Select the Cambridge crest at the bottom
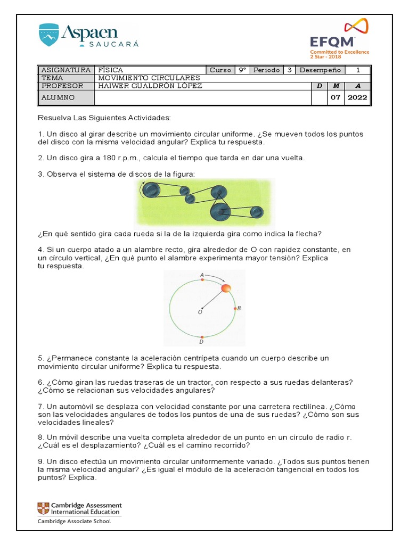tap(42, 508)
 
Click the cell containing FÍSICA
tap(111, 70)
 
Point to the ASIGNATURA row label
tap(66, 70)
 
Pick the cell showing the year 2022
tap(357, 97)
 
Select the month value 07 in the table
tap(335, 97)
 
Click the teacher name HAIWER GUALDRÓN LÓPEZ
tap(151, 86)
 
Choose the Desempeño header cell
tap(320, 70)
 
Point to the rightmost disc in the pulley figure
tap(257, 213)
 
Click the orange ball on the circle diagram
tap(226, 288)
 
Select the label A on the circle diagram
tap(201, 275)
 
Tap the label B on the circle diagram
tap(239, 308)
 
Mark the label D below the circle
tap(201, 342)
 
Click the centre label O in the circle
tap(200, 312)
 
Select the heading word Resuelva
tap(53, 117)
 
